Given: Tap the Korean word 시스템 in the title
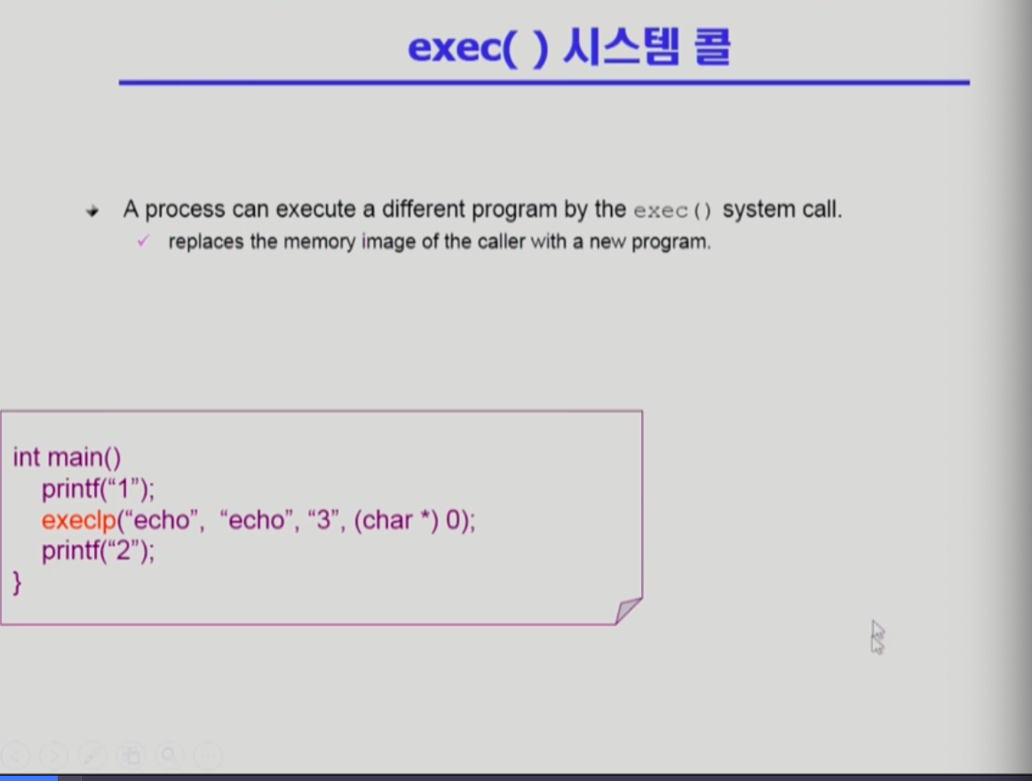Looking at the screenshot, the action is click(621, 47).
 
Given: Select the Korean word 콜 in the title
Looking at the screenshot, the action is click(712, 47).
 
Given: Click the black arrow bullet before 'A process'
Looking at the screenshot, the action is click(92, 211).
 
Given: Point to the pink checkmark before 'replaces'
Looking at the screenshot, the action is click(143, 241).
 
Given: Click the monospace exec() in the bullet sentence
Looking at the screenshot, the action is click(672, 210).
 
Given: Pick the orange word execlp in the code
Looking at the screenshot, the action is click(79, 520).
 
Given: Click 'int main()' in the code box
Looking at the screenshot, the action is click(67, 457).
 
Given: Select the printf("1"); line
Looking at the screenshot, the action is click(98, 489).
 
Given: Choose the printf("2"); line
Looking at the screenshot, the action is click(98, 551).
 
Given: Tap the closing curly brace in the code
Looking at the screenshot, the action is click(17, 583).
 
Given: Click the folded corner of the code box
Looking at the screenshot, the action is click(628, 611).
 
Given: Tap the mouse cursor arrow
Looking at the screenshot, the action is click(877, 637).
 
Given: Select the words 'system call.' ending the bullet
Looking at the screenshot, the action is click(782, 209).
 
